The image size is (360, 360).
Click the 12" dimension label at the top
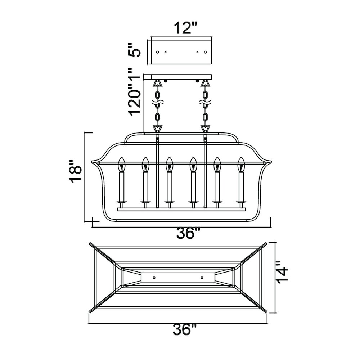click(x=185, y=28)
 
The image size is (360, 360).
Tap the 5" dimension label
click(x=134, y=50)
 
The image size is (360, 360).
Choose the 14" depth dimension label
click(x=282, y=272)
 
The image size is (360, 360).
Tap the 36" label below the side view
click(x=188, y=234)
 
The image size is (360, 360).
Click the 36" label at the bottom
click(x=185, y=330)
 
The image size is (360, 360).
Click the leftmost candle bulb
click(x=121, y=165)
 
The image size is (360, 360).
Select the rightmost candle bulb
click(x=241, y=165)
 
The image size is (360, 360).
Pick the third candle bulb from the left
click(x=169, y=165)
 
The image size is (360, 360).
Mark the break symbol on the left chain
click(x=158, y=103)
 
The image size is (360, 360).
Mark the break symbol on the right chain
click(x=205, y=103)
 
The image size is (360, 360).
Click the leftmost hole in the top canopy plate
click(x=158, y=52)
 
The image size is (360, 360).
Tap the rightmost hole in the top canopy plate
click(x=206, y=52)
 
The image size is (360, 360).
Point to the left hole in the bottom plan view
click(x=154, y=278)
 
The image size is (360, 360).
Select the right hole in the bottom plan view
click(x=202, y=278)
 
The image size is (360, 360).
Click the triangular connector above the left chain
click(x=158, y=84)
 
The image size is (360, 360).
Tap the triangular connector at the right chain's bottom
click(x=205, y=128)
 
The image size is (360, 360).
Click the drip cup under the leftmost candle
click(x=121, y=202)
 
